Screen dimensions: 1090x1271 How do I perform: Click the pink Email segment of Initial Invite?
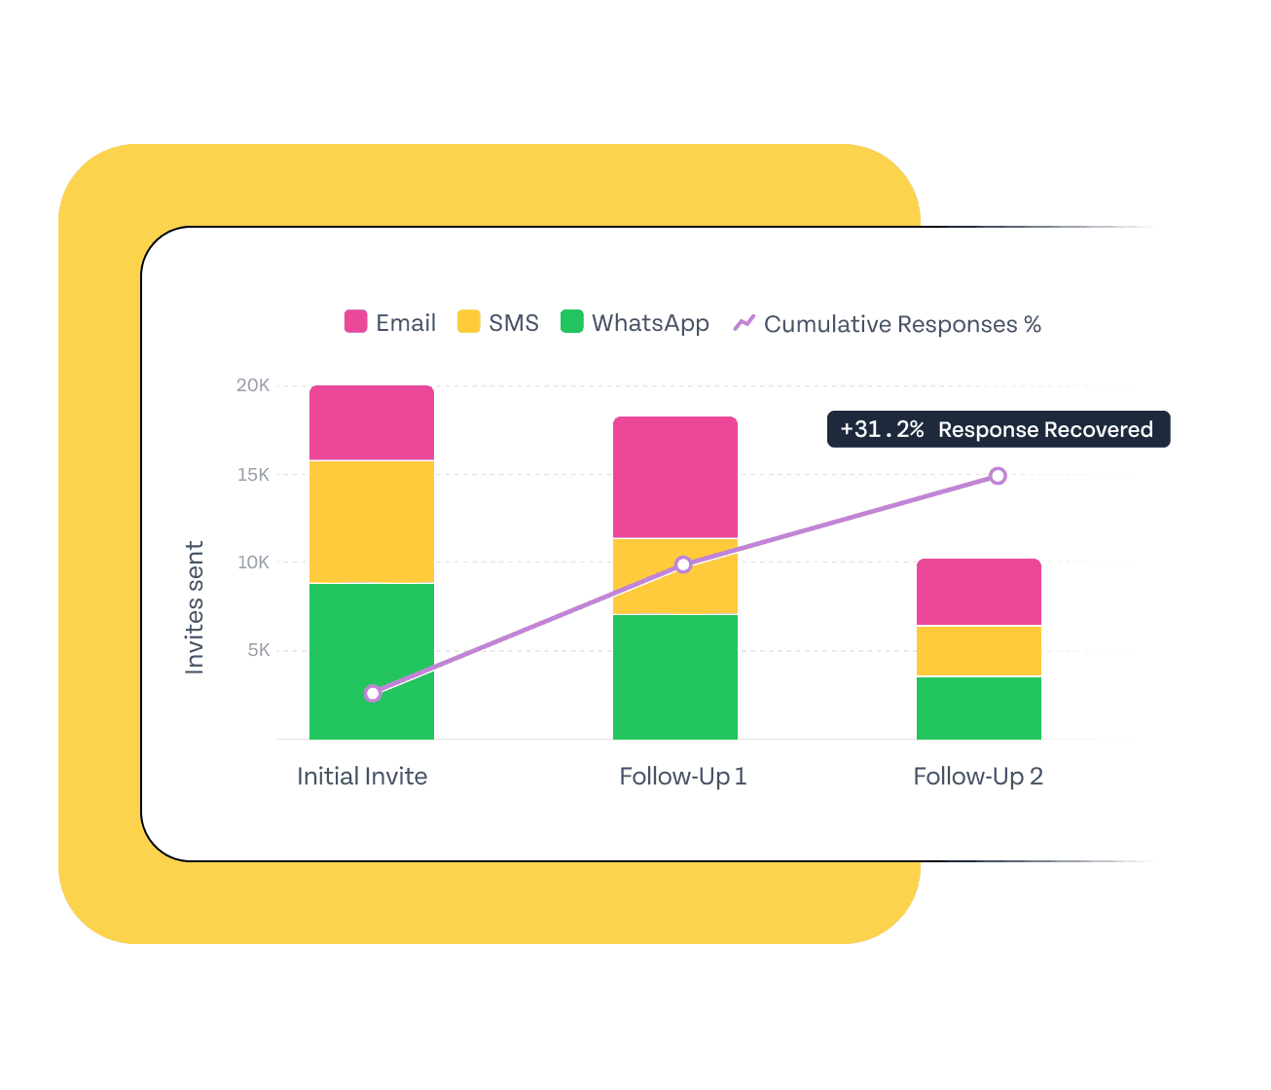tap(371, 422)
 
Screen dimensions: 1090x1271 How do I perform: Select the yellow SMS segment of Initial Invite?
tap(371, 522)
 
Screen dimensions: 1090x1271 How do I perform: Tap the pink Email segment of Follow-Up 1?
tap(674, 477)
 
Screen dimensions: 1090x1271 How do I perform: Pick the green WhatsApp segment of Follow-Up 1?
tap(674, 676)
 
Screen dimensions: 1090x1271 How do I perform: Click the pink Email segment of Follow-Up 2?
tap(978, 592)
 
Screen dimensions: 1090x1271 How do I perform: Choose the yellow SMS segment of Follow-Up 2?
tap(978, 650)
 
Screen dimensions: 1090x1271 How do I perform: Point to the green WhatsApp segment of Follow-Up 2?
tap(978, 708)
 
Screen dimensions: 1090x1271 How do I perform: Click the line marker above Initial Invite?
tap(373, 693)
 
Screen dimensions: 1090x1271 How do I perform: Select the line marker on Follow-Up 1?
tap(683, 564)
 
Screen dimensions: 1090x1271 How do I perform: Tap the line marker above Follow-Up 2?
tap(998, 476)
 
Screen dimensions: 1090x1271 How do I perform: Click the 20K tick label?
tap(253, 385)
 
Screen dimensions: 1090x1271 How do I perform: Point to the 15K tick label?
tap(253, 475)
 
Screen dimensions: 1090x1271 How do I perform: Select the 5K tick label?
tap(258, 650)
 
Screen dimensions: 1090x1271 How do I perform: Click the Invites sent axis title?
tap(195, 607)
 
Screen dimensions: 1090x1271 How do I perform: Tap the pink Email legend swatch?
tap(355, 322)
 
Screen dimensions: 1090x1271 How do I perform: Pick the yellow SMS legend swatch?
tap(468, 322)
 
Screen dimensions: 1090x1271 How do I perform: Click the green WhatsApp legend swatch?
tap(571, 322)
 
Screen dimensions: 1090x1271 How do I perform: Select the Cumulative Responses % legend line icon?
tap(744, 323)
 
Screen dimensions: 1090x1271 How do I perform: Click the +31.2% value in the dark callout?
tap(882, 429)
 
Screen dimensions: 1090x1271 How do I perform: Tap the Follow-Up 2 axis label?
tap(978, 777)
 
